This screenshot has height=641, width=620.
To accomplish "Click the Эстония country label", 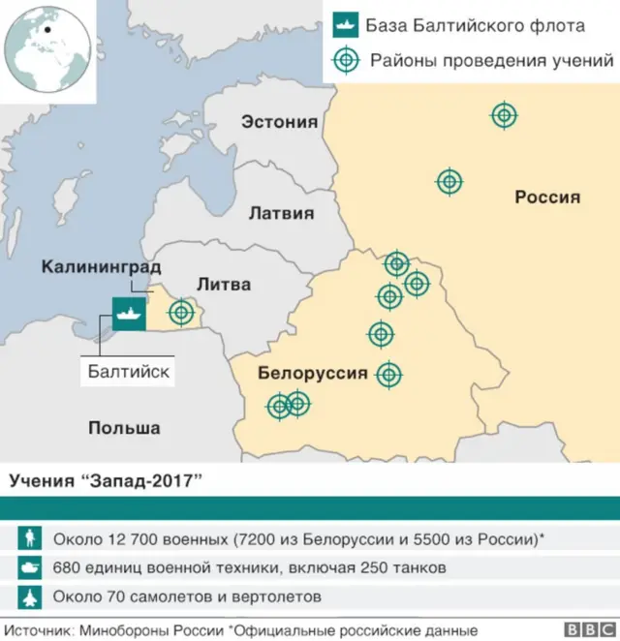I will pos(279,121).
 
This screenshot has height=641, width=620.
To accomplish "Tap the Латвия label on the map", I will pos(281,213).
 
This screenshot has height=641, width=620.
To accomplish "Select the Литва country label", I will pos(223,284).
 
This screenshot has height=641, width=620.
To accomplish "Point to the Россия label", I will pos(546,197).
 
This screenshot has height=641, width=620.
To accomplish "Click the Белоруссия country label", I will pos(313,373).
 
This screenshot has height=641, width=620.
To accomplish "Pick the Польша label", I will pos(124,427).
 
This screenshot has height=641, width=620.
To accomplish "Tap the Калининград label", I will pos(101,265).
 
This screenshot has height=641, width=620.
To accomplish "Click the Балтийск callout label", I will pos(128,370).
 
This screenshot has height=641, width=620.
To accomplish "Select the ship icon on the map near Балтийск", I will pos(128,313).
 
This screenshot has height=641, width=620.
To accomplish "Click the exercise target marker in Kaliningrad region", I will pos(181,313).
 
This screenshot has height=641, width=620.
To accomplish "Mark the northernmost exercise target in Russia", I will pos(503,115).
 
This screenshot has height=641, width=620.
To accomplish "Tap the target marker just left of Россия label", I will pos(449,181).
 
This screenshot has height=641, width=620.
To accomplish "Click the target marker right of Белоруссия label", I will pos(388,374).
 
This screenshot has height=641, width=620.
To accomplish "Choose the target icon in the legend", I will pos(343,61).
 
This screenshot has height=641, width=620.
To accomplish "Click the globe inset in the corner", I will pos(46,45).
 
